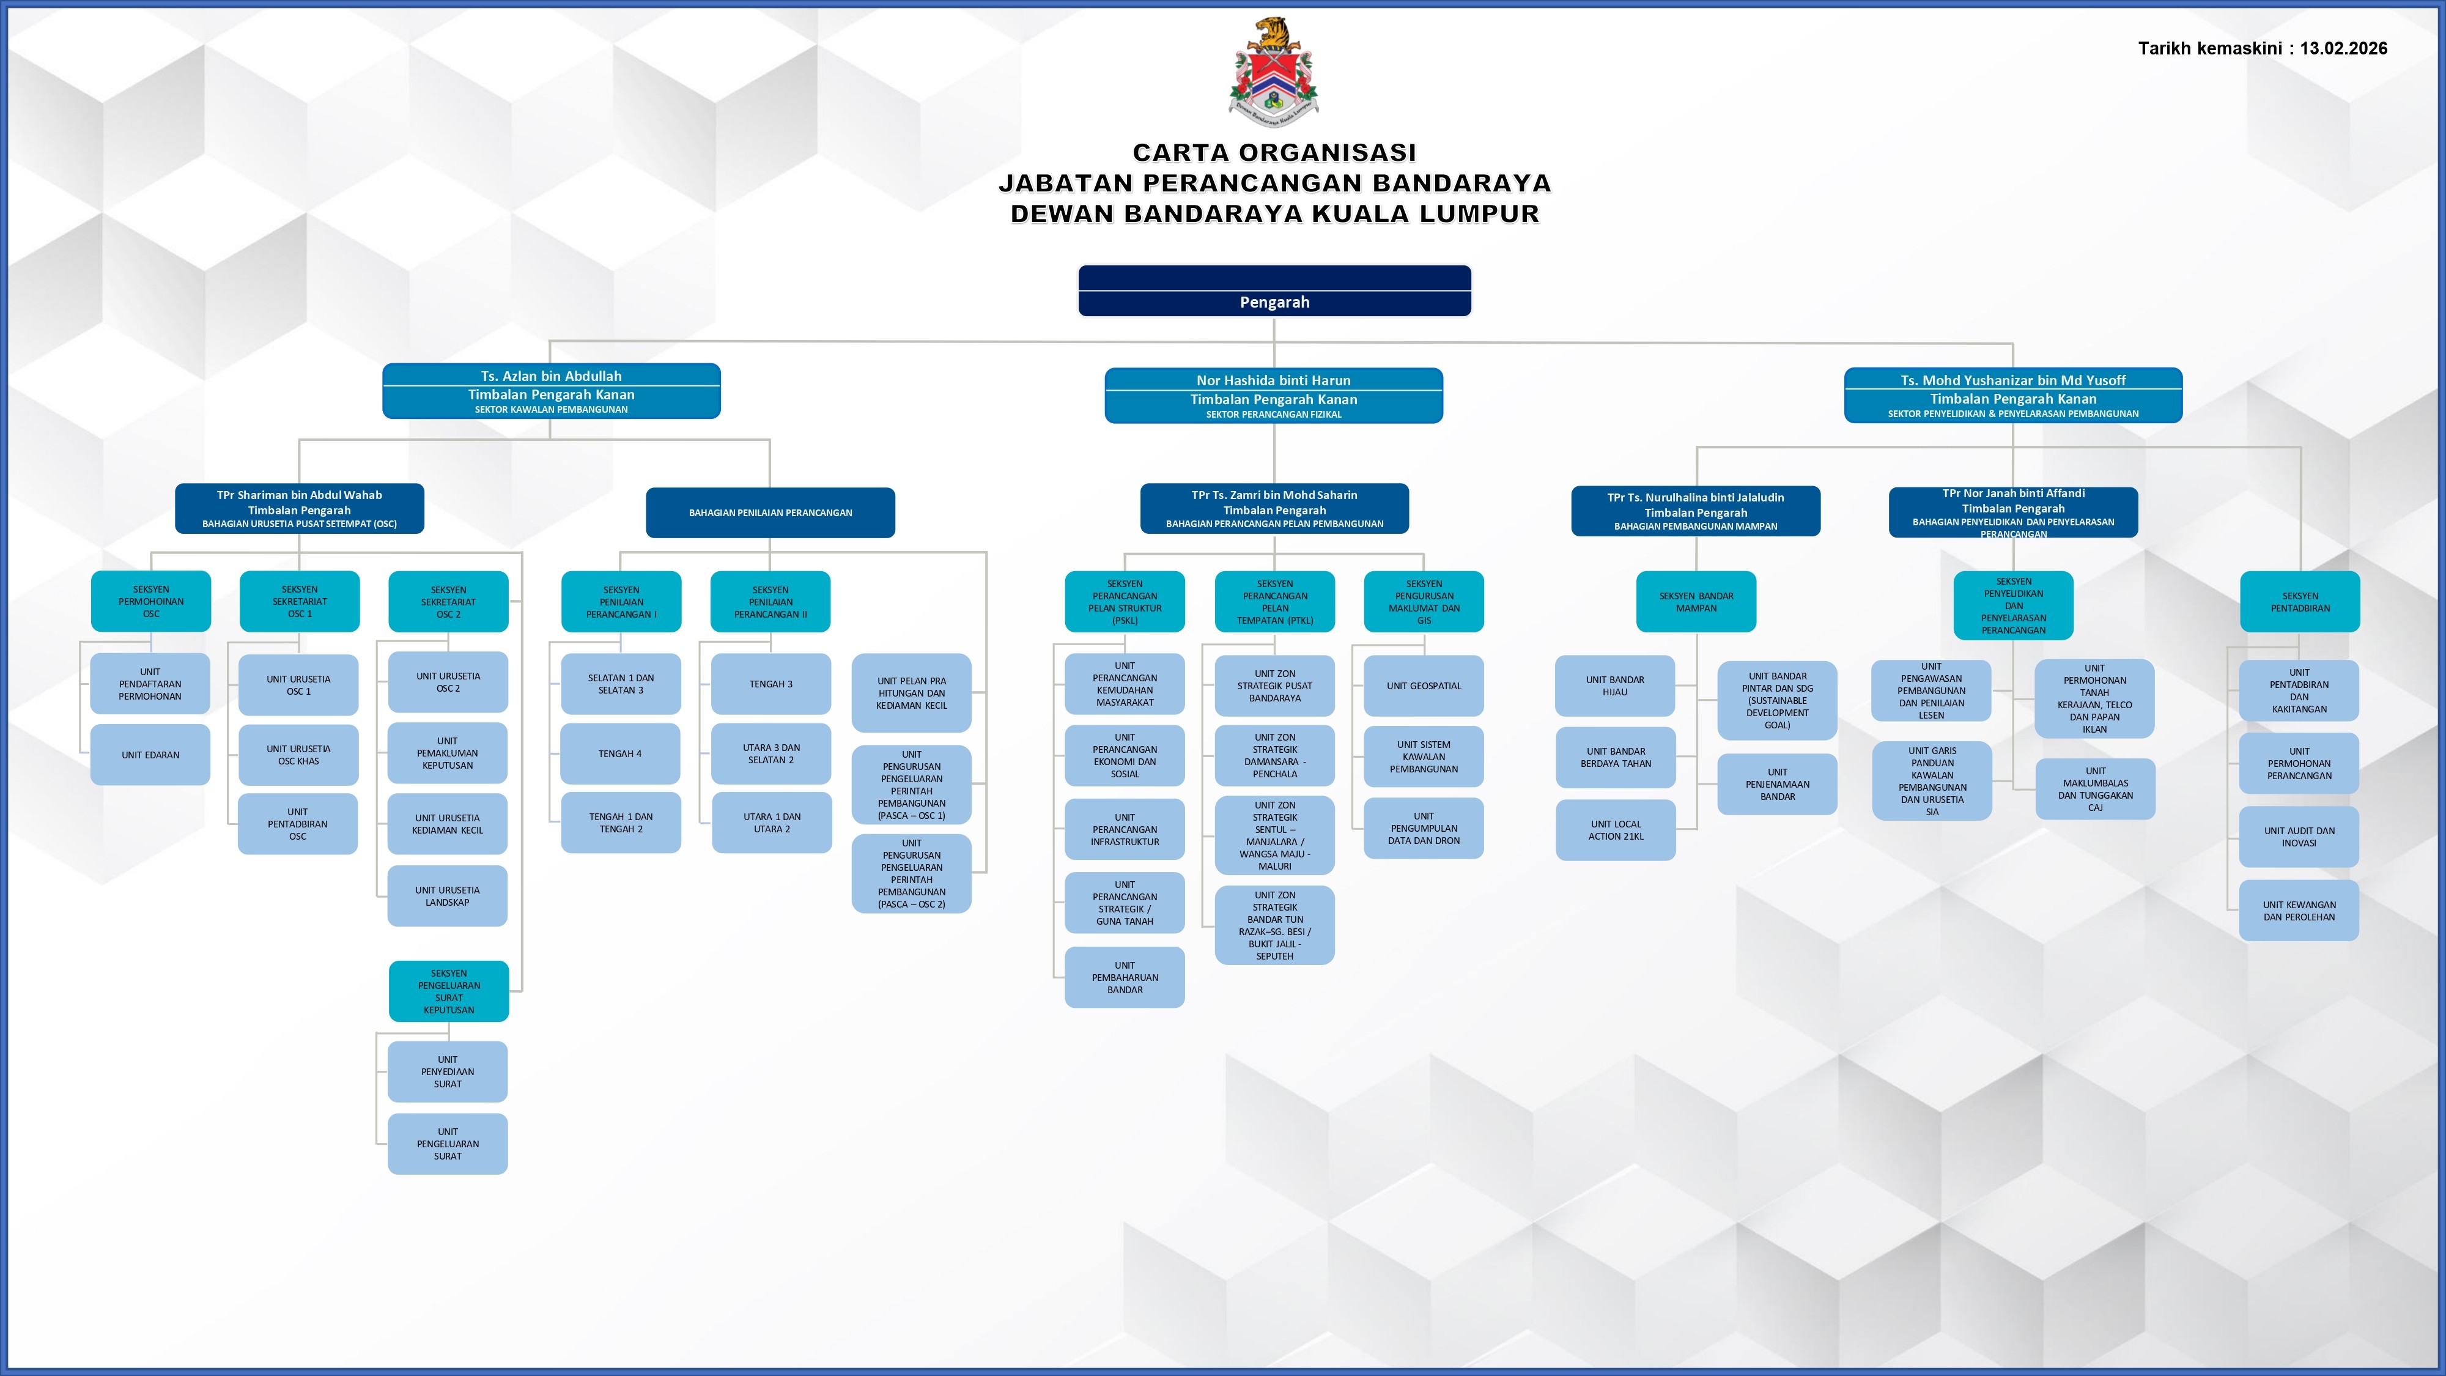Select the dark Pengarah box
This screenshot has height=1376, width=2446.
click(1274, 290)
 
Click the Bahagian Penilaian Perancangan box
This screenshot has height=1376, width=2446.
click(770, 513)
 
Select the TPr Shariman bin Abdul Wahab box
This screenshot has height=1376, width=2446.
click(299, 509)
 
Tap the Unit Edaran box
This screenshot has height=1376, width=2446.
click(150, 755)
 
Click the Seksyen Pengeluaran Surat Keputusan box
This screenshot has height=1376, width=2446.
click(448, 991)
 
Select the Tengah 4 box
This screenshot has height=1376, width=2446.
click(620, 754)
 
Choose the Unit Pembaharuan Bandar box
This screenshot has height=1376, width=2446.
click(1125, 977)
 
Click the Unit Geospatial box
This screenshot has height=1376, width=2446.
click(1424, 686)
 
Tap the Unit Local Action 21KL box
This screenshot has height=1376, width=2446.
click(1615, 830)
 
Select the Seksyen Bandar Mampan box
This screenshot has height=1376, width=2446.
click(1696, 602)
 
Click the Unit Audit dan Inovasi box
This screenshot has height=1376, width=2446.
click(2298, 837)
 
